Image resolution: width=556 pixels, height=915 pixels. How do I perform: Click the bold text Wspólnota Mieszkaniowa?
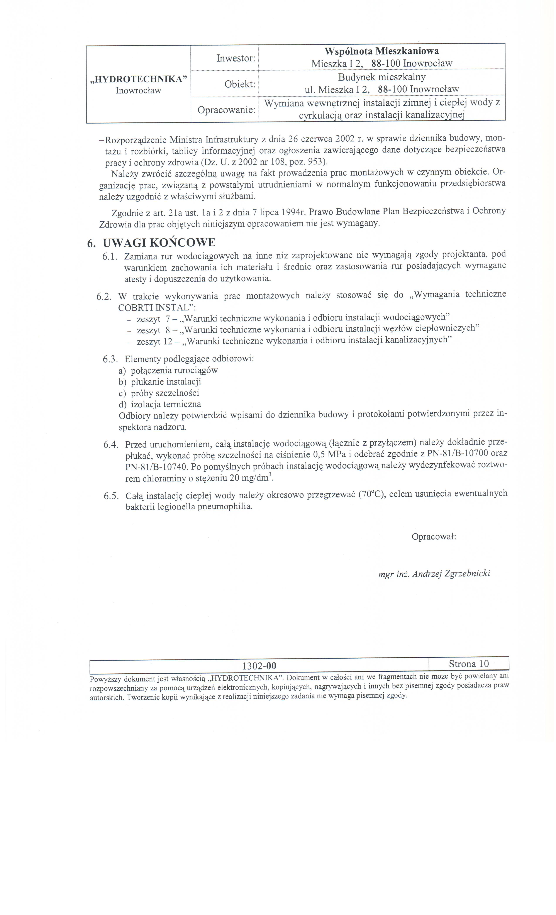tap(381, 51)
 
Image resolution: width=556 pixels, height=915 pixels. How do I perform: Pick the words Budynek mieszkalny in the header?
tap(381, 77)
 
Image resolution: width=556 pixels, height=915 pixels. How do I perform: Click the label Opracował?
tap(433, 537)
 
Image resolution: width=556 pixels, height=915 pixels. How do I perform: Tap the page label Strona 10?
tap(468, 664)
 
